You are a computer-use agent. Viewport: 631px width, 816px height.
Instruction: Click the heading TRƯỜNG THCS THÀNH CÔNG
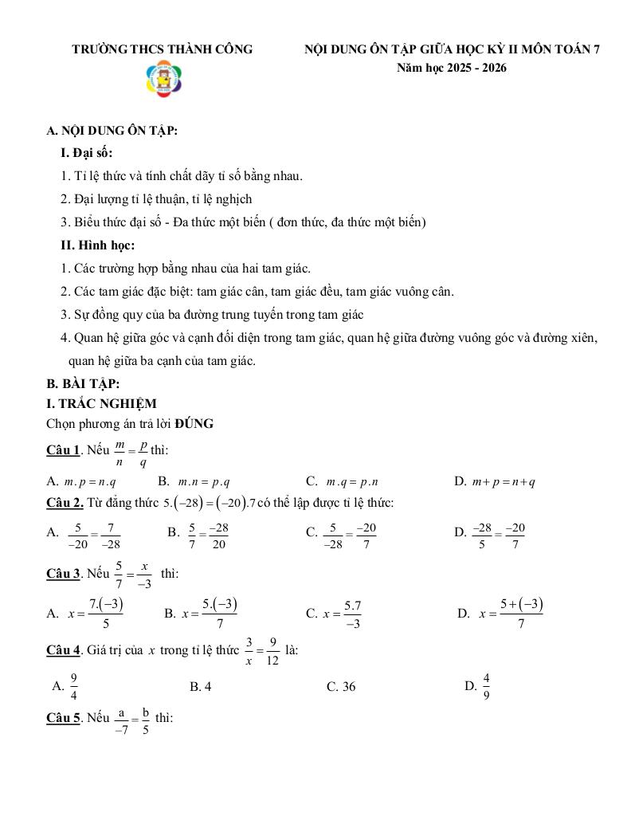[x=163, y=49]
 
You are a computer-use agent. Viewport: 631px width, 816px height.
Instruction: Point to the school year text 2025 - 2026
[x=451, y=68]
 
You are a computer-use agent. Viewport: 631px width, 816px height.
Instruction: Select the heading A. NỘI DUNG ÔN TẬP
[x=112, y=131]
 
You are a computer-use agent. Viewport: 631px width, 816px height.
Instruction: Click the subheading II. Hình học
[x=97, y=245]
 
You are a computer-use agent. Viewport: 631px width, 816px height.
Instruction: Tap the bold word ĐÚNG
[x=194, y=424]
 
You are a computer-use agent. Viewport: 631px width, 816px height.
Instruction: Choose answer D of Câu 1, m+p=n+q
[x=494, y=481]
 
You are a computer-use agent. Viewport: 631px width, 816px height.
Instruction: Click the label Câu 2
[x=65, y=503]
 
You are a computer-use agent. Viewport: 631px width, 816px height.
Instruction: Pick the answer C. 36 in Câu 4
[x=341, y=687]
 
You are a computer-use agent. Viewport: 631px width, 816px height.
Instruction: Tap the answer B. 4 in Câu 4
[x=200, y=687]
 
